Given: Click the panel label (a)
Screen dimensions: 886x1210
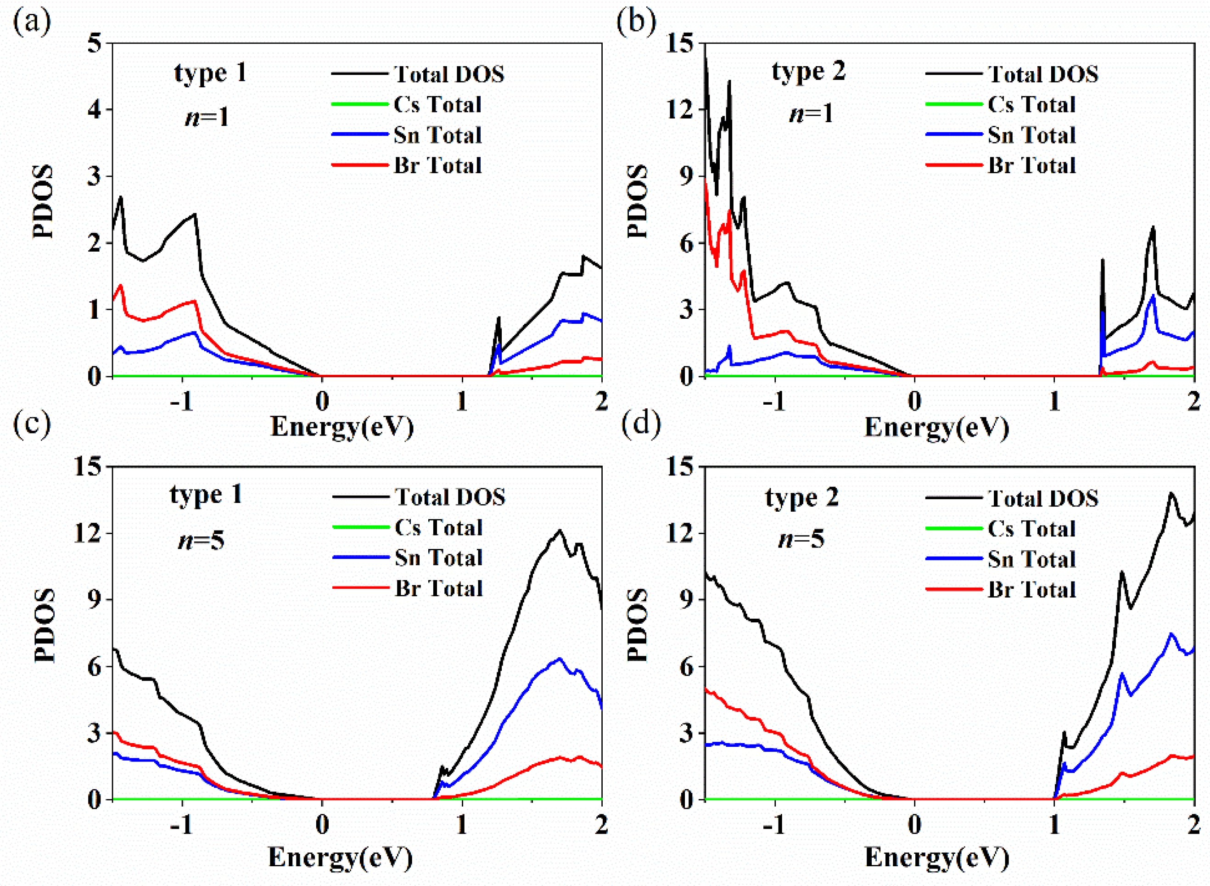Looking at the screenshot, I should pyautogui.click(x=32, y=23).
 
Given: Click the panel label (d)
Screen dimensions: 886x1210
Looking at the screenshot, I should pyautogui.click(x=641, y=423).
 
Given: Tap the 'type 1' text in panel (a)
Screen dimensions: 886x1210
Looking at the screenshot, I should pyautogui.click(x=210, y=73).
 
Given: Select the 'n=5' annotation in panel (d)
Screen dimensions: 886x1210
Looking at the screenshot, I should pyautogui.click(x=801, y=538).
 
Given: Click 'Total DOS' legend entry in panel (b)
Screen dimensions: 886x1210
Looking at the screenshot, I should pyautogui.click(x=1042, y=74).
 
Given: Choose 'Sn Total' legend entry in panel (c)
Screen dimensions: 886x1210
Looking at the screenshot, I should pyautogui.click(x=438, y=558).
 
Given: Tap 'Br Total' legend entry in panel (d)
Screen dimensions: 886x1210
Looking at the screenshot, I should pyautogui.click(x=1031, y=589).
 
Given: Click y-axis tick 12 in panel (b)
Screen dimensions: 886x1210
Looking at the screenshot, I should pyautogui.click(x=679, y=110).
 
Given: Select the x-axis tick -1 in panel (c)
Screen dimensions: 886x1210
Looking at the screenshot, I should pyautogui.click(x=182, y=825).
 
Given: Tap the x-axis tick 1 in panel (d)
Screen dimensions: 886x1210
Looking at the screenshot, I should pyautogui.click(x=1054, y=825).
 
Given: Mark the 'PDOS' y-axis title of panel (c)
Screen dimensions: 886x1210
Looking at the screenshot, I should pyautogui.click(x=45, y=626).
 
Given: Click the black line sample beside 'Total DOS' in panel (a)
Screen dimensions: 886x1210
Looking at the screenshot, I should pyautogui.click(x=359, y=73).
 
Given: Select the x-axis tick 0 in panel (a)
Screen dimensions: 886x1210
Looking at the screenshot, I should pyautogui.click(x=322, y=401).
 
